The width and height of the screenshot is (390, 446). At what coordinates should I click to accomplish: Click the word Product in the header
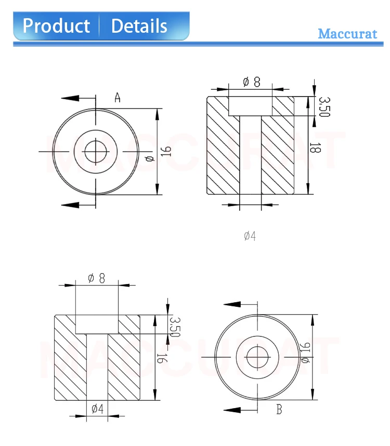click(56, 26)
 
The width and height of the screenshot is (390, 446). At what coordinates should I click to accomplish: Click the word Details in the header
click(139, 26)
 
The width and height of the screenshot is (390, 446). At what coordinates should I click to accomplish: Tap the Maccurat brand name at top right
click(347, 34)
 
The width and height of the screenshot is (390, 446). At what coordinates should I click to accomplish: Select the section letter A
click(118, 97)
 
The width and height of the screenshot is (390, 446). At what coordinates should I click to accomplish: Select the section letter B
click(279, 410)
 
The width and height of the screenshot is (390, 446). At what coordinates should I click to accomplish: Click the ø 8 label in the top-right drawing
click(252, 82)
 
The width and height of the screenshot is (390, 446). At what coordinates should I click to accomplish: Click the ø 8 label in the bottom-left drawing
click(97, 278)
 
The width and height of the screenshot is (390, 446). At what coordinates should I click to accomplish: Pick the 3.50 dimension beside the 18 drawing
click(324, 106)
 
